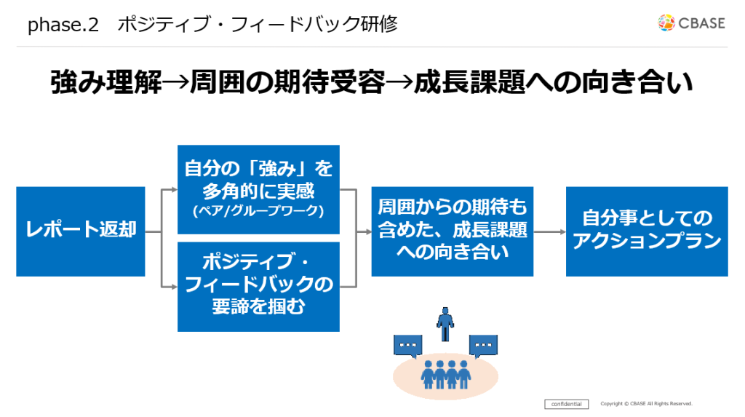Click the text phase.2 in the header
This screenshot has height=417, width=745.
click(63, 25)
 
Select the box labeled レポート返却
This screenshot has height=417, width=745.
click(80, 231)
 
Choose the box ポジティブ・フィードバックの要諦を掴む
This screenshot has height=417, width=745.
click(258, 286)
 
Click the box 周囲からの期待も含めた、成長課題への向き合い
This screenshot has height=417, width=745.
click(452, 231)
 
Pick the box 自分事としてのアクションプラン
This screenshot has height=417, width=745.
click(647, 231)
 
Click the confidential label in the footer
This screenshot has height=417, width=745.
click(566, 404)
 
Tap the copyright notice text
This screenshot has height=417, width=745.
click(646, 404)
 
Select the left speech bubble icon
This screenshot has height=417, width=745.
click(408, 346)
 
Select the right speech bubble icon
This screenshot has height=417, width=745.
click(483, 346)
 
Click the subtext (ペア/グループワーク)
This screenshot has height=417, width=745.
click(258, 212)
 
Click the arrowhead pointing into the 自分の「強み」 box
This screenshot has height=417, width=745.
click(174, 190)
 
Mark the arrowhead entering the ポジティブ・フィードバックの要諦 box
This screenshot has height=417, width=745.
click(174, 287)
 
